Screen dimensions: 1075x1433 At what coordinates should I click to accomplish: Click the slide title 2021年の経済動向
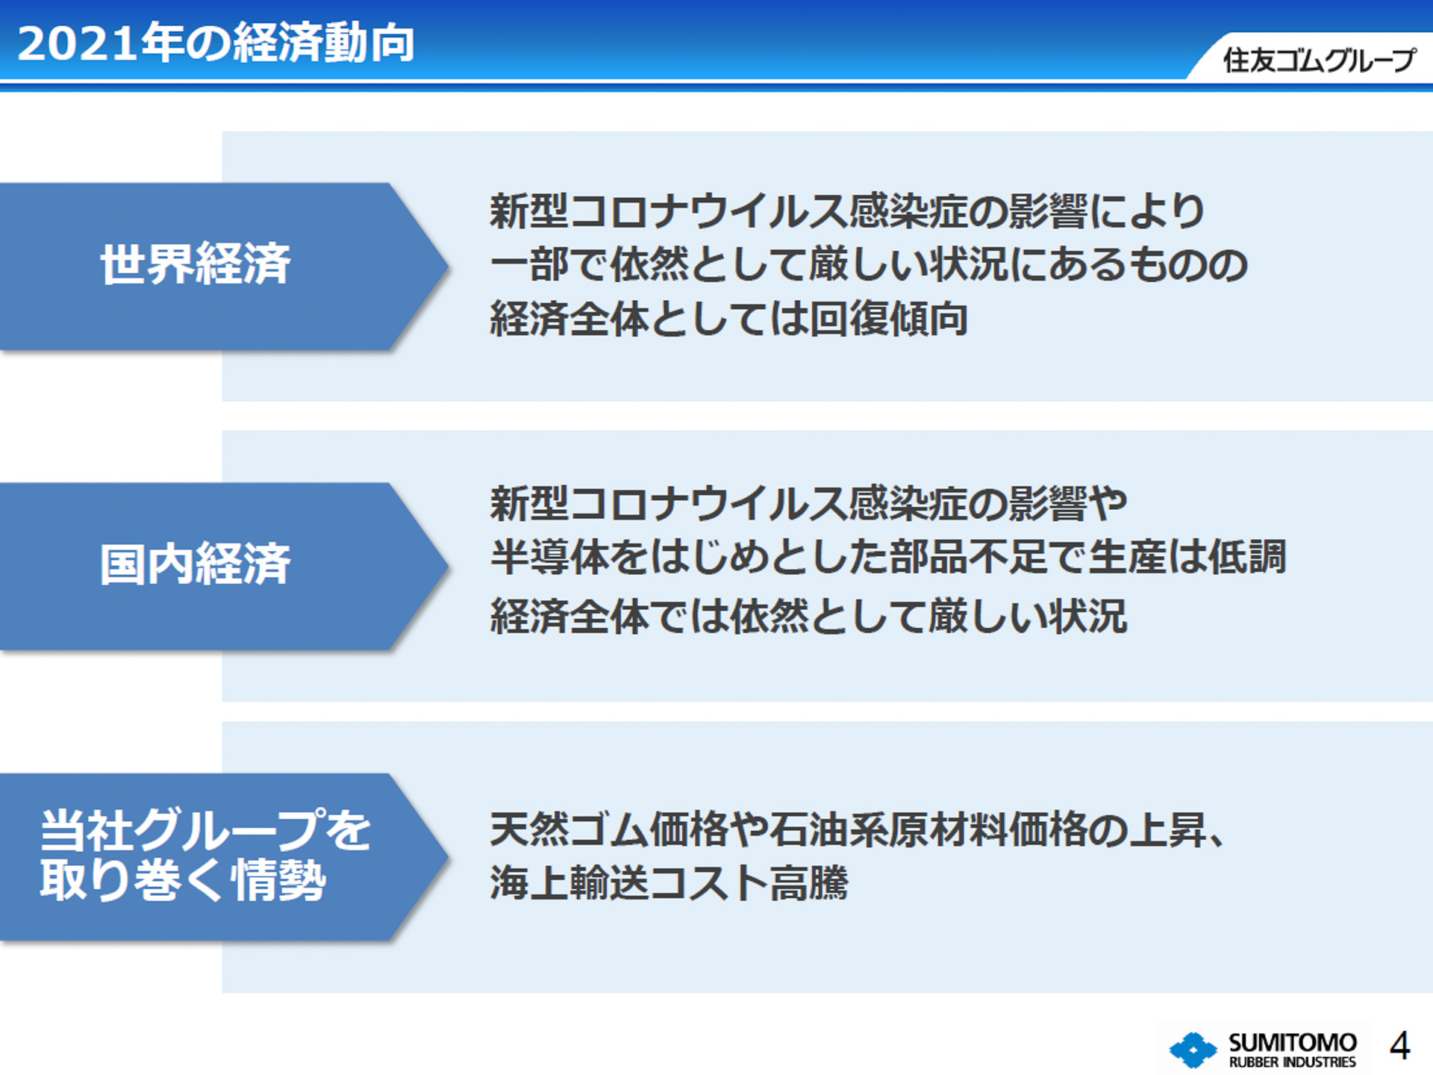tap(216, 43)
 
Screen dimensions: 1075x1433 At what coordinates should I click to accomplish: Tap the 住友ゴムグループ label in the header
tap(1318, 60)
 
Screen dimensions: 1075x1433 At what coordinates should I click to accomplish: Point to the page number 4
tap(1399, 1046)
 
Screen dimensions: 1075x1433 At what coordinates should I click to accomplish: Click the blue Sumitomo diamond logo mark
tap(1192, 1050)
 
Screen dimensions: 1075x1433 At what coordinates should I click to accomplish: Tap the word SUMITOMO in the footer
tap(1292, 1041)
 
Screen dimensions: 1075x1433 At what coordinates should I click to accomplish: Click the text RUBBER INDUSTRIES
tap(1292, 1062)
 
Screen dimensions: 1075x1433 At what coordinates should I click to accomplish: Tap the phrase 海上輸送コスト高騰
tap(669, 883)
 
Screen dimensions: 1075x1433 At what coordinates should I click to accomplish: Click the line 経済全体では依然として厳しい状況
tap(808, 617)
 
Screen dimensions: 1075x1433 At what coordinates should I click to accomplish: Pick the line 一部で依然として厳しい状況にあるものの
tap(868, 265)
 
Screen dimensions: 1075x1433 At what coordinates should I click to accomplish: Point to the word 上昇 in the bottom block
tap(1167, 829)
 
